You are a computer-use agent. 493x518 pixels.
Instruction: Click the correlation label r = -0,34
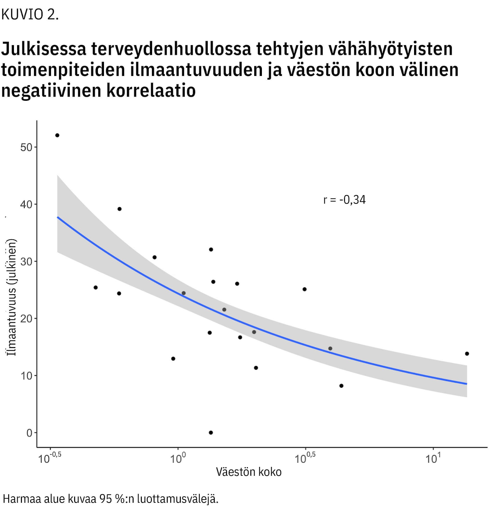344,200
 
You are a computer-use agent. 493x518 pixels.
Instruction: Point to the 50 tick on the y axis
26,147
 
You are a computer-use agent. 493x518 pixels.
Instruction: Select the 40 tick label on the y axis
26,204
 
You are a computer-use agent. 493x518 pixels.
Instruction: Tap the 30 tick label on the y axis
26,262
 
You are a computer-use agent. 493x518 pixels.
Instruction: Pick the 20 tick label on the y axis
26,319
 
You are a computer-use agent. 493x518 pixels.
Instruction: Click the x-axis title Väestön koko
249,472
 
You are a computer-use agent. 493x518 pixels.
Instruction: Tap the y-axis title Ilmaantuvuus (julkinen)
12,297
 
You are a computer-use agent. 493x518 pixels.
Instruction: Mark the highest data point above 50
57,135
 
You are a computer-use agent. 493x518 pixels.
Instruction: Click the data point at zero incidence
211,432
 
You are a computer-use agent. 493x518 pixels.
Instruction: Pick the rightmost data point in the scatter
467,354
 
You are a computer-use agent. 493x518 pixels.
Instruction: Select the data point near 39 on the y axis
120,209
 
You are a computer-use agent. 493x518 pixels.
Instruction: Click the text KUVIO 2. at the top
30,14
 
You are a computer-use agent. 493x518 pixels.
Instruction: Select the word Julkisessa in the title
44,49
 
